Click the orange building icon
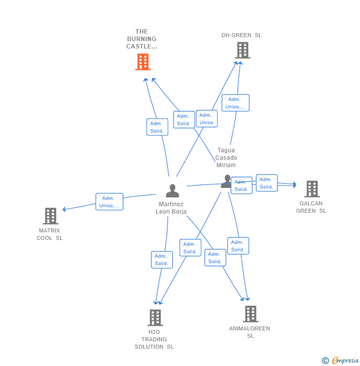tap(143, 62)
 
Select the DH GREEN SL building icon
tap(243, 50)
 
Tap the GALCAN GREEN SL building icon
tap(312, 189)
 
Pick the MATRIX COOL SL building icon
tap(50, 216)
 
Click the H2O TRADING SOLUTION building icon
tap(155, 318)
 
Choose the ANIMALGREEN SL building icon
tap(251, 314)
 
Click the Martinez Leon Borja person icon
tap(173, 191)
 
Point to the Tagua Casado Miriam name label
tap(226, 158)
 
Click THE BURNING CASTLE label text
tap(141, 39)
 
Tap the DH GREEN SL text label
tap(241, 35)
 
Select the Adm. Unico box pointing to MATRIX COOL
tap(109, 202)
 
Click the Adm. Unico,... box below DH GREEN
tap(235, 103)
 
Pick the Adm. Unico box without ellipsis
tap(207, 119)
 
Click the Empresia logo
tap(345, 360)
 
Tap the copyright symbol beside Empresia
tap(325, 361)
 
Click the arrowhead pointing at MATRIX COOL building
tap(64, 209)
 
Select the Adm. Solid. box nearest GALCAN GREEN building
tap(267, 183)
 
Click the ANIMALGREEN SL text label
tap(250, 332)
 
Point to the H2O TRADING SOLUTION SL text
tap(154, 339)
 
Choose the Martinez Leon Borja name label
tap(171, 208)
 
